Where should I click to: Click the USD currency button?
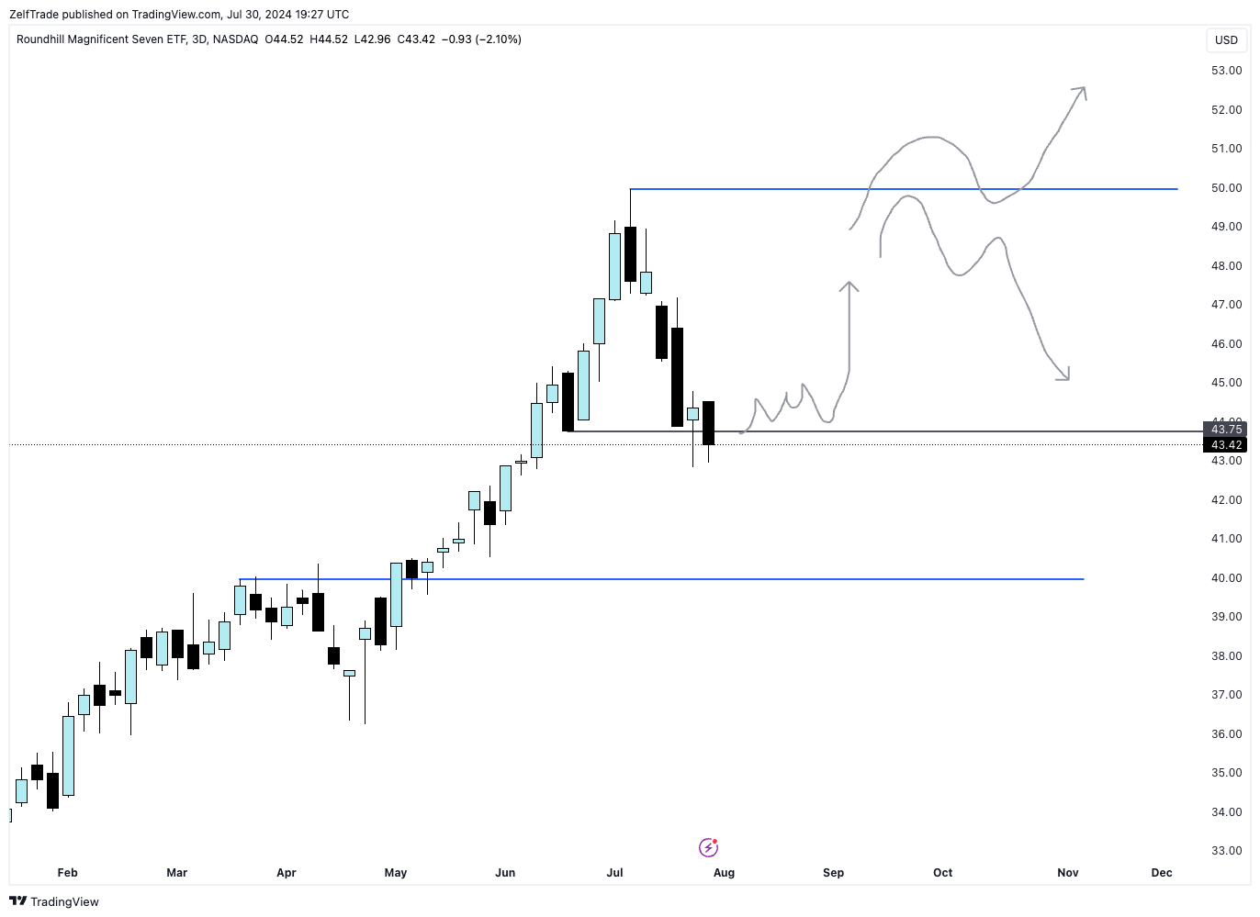pos(1226,39)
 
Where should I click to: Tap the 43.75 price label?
pos(1226,430)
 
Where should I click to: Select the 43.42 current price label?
pos(1226,445)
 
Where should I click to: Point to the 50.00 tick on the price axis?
pos(1226,188)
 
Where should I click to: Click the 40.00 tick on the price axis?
pos(1226,578)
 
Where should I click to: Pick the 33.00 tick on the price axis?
pos(1226,851)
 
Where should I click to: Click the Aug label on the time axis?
pos(724,873)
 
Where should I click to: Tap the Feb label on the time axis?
pos(67,873)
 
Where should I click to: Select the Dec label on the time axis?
pos(1162,873)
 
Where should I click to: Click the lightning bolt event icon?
pos(708,847)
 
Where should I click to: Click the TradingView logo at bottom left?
pos(54,901)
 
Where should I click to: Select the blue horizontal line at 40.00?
pos(735,579)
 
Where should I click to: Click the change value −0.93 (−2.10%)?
pos(481,39)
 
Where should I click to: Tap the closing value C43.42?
pos(416,39)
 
